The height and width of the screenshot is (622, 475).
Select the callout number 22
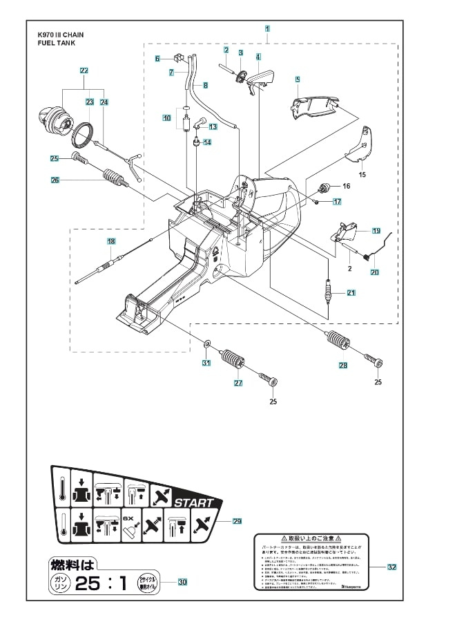point(84,70)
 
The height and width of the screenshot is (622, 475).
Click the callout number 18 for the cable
point(110,241)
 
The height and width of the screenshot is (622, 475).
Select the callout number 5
point(297,80)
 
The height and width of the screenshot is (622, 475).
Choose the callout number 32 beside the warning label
point(391,567)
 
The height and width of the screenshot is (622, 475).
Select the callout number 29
point(237,521)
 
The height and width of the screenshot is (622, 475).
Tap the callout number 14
point(206,142)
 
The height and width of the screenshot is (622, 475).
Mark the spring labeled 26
point(113,178)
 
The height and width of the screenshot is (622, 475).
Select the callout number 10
point(166,118)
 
